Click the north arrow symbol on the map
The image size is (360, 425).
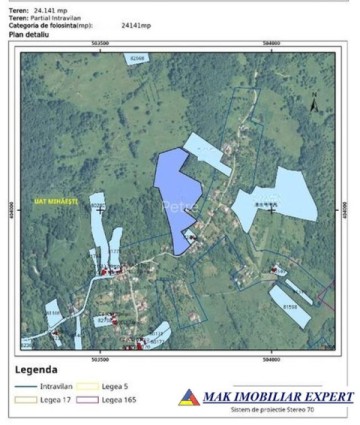314,102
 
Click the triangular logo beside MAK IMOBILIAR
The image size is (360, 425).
216,397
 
